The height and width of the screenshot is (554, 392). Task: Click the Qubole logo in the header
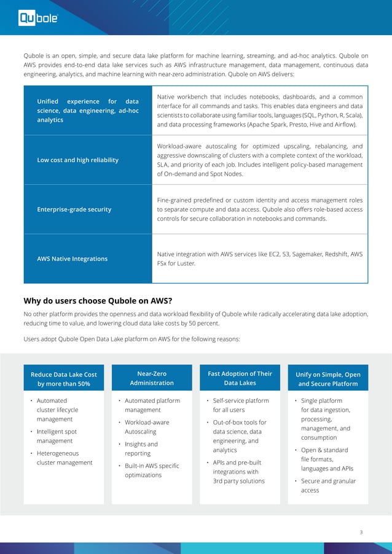(38, 19)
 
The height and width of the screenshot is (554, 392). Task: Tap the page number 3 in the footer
(361, 532)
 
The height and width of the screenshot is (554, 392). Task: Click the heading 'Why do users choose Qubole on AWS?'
(97, 300)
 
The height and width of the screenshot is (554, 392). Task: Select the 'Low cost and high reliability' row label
(78, 160)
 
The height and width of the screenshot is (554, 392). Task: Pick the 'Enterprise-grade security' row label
(74, 209)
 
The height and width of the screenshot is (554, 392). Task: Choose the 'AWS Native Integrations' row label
(72, 259)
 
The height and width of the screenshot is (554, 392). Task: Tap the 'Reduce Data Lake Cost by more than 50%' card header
(63, 379)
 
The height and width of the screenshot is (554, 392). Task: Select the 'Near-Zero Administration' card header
(151, 378)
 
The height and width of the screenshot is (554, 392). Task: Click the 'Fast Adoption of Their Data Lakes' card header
(240, 378)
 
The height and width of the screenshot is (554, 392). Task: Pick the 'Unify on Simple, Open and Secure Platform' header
(328, 379)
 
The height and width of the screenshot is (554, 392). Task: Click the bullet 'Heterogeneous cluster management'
(65, 458)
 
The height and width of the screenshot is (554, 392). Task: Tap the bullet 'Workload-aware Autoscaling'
(147, 427)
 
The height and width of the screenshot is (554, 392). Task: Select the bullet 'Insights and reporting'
(141, 448)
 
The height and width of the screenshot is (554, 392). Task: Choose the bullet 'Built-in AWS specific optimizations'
(152, 470)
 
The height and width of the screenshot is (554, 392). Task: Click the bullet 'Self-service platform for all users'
(240, 405)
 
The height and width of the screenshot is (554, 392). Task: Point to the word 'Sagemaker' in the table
(300, 254)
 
